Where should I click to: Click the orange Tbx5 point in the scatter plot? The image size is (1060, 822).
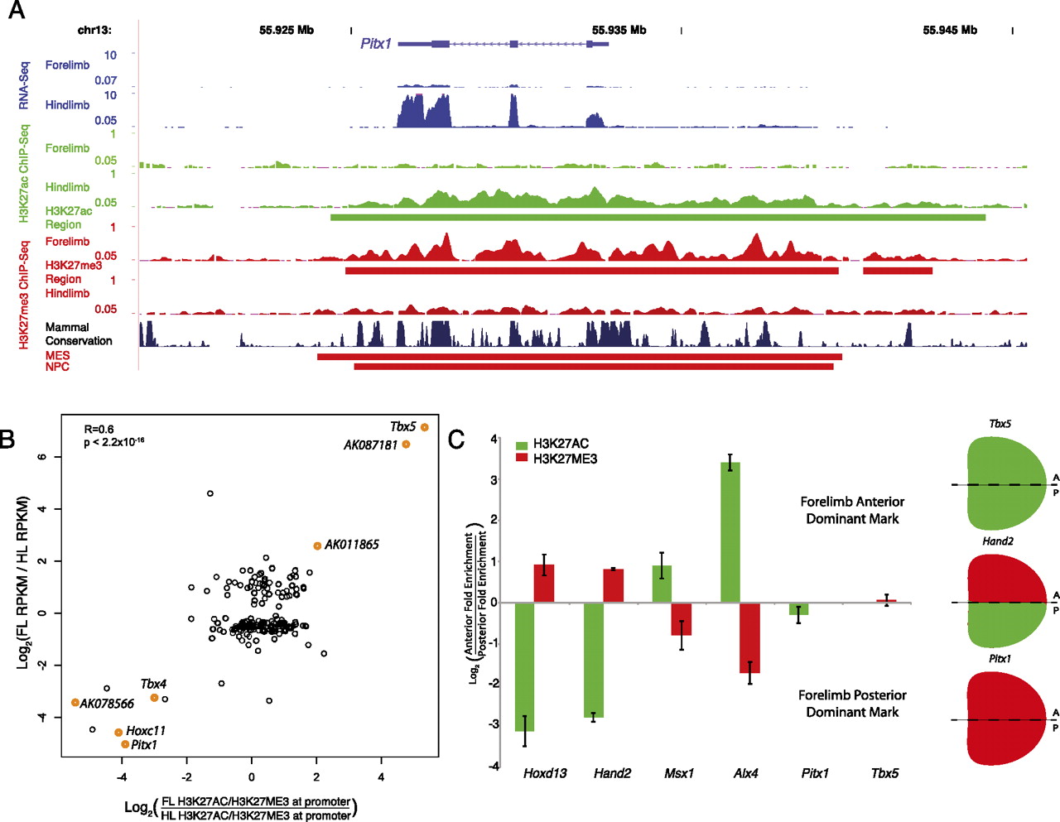coord(425,427)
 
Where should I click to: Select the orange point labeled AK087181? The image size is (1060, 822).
coord(406,445)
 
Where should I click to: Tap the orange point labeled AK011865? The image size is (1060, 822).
coord(317,546)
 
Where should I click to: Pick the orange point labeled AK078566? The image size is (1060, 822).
coord(75,702)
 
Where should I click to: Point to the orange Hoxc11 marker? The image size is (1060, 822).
coord(118,733)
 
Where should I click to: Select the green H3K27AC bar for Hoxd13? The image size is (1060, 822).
coord(524,666)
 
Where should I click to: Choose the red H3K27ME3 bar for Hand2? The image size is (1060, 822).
coord(614,585)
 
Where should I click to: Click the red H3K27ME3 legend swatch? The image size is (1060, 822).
coord(522,458)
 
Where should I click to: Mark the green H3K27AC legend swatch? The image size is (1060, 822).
coord(522,445)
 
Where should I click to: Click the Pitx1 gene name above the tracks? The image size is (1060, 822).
coord(376,44)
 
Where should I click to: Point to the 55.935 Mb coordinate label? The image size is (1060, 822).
coord(619,30)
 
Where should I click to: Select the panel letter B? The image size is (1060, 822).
coord(7,439)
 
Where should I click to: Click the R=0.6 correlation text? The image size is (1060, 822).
coord(99,429)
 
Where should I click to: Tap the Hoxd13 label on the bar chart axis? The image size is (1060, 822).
coord(545,773)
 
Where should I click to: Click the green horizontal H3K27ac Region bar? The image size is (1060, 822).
coord(658,218)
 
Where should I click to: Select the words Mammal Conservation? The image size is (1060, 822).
coord(79,334)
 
